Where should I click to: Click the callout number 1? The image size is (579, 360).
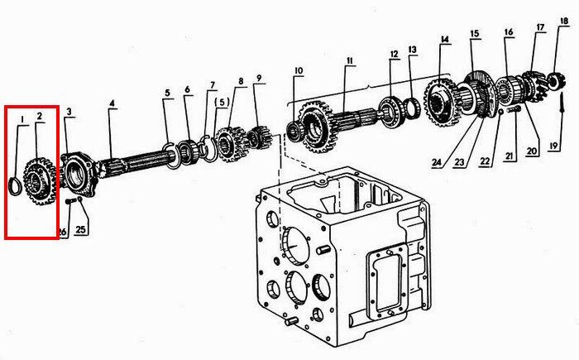click(x=22, y=119)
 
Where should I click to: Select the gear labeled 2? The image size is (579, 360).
click(x=40, y=180)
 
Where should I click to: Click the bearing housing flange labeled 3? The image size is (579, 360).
click(x=79, y=175)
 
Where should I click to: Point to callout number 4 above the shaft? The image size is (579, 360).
click(x=112, y=103)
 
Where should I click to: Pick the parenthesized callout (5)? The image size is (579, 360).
click(x=222, y=102)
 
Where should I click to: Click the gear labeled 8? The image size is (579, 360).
click(x=231, y=144)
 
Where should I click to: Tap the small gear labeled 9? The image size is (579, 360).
click(x=261, y=138)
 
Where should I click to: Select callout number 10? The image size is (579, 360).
click(x=299, y=70)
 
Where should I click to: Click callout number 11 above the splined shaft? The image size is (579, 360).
click(x=350, y=61)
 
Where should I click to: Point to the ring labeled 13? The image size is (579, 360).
click(x=413, y=108)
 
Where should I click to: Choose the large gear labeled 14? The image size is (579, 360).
click(x=443, y=102)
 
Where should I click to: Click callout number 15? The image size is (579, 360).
click(x=475, y=34)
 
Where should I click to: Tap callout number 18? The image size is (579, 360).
click(x=564, y=21)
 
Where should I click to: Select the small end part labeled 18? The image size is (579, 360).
click(x=557, y=81)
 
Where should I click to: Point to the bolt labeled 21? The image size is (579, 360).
click(x=514, y=109)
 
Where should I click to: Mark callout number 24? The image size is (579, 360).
click(x=437, y=163)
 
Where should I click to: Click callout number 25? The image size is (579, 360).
click(x=81, y=229)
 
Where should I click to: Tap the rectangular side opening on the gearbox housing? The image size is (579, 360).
click(x=386, y=282)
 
